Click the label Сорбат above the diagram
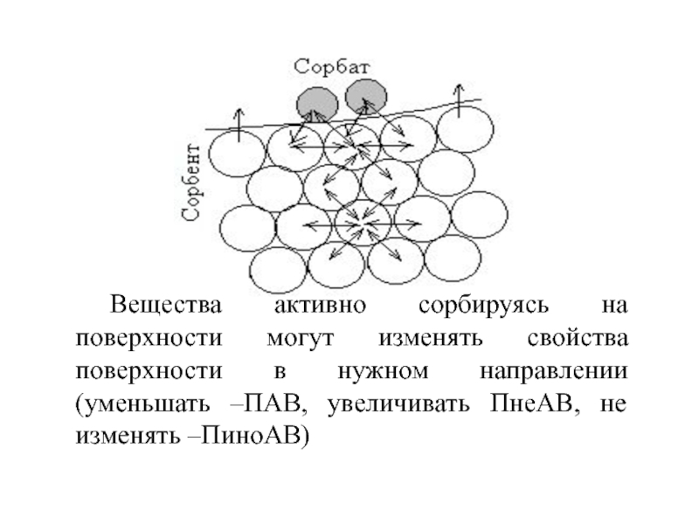coord(332,67)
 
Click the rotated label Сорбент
coord(190,183)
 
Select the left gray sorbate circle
coord(317,104)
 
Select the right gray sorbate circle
coord(366,97)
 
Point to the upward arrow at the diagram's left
coord(239,125)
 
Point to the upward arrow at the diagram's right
coord(459,100)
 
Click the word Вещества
coord(165,305)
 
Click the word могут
coord(300,339)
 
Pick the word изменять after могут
coord(431,339)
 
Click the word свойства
coord(578,339)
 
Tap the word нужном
coord(383,371)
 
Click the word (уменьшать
coord(142,404)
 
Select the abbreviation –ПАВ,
coord(269,403)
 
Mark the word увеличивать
coord(398,404)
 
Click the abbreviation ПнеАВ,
coord(536,403)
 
